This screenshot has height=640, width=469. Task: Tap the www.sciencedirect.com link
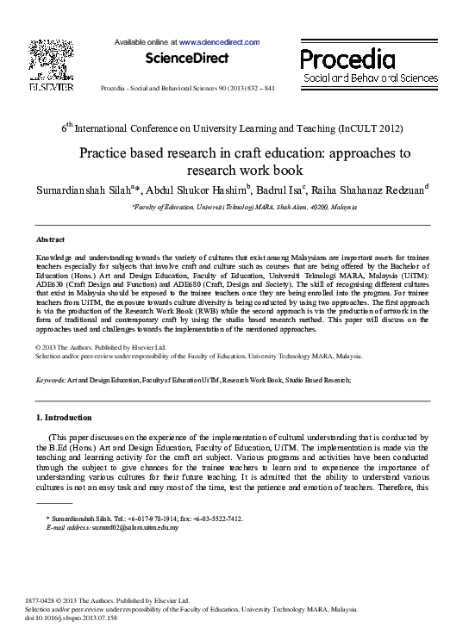[x=219, y=41]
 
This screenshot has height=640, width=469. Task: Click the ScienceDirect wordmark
[x=187, y=59]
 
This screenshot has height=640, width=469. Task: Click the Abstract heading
[x=50, y=239]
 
